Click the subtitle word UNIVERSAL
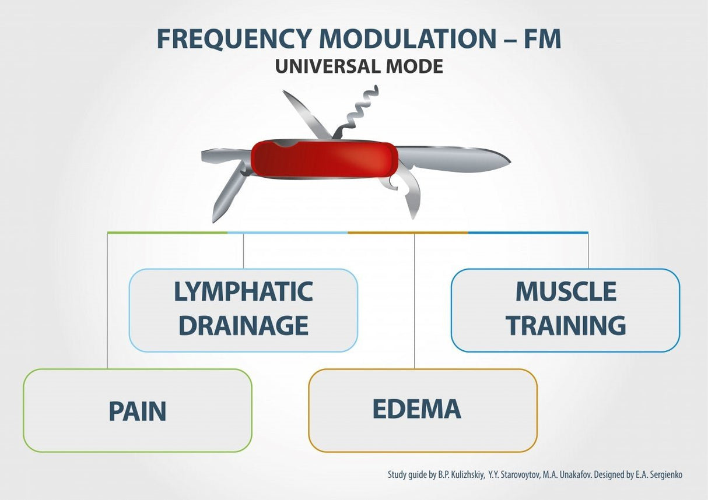tap(324, 66)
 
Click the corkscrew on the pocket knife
tap(359, 111)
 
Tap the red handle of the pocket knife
tap(324, 159)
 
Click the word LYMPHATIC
tap(243, 292)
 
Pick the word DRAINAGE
tap(243, 326)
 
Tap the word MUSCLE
tap(566, 292)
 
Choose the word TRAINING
tap(566, 326)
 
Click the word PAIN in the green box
tap(138, 411)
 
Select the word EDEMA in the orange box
tap(417, 410)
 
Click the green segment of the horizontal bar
tap(167, 233)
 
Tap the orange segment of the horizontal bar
tap(408, 233)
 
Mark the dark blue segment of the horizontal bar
tap(528, 233)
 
